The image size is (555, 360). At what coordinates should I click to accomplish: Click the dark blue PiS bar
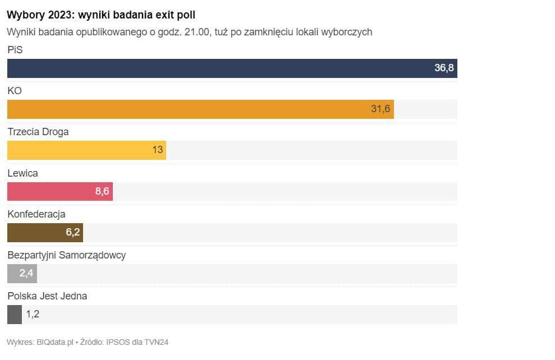click(x=224, y=68)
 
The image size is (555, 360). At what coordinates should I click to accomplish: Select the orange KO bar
click(x=196, y=109)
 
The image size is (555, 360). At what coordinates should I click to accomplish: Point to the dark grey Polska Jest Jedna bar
click(x=14, y=315)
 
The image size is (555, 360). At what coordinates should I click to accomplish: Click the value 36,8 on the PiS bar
click(x=444, y=68)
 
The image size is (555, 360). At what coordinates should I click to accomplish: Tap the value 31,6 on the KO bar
click(x=380, y=109)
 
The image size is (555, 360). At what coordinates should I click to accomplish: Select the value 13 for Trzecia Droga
click(x=157, y=150)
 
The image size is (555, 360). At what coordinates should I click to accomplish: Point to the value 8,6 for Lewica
click(x=102, y=191)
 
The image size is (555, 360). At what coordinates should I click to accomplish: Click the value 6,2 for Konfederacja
click(x=73, y=232)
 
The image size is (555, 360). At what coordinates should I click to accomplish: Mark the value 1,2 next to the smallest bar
click(x=33, y=315)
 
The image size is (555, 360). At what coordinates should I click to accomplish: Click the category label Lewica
click(x=22, y=173)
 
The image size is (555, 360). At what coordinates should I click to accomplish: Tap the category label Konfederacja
click(x=36, y=214)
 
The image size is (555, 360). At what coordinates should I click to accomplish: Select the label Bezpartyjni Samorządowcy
click(x=66, y=255)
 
